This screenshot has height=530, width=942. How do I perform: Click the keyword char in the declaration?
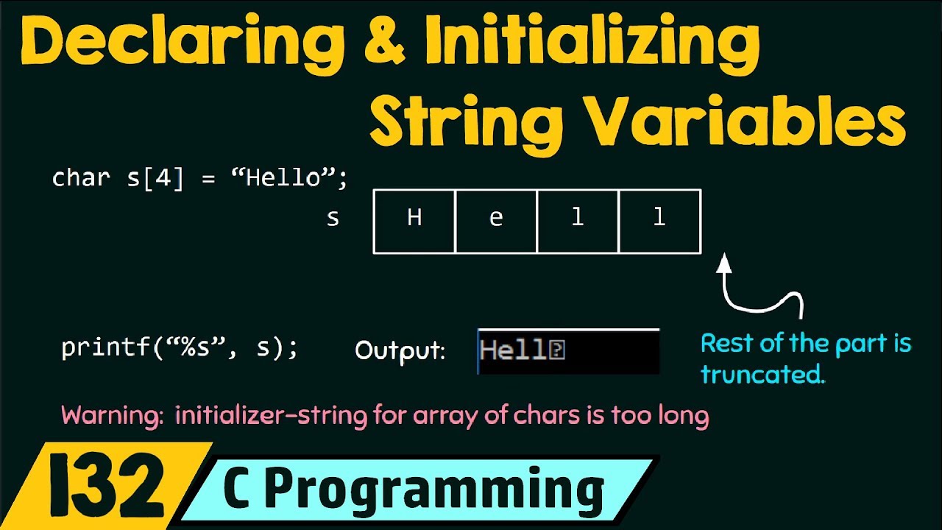coord(81,178)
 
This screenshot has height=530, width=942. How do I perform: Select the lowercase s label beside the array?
coord(333,219)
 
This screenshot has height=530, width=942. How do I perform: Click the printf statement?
coord(180,347)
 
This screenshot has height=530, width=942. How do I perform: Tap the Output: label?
coord(400,350)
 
